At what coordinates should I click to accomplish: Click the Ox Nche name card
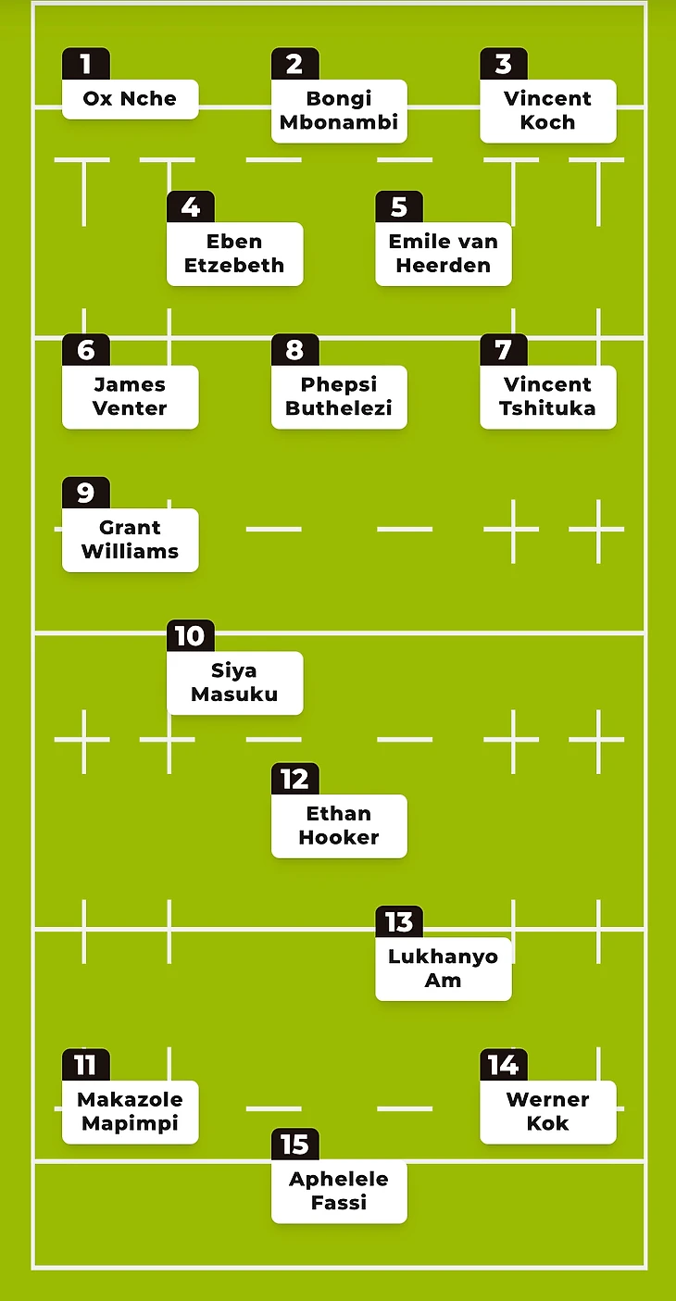tap(130, 99)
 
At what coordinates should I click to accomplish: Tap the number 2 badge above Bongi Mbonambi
tap(294, 64)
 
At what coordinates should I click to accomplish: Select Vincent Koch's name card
tap(547, 111)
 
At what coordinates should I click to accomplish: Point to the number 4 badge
tap(190, 206)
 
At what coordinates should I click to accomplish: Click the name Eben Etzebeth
tap(234, 254)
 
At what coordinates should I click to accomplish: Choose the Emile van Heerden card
tap(443, 254)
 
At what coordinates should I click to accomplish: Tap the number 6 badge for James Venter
tap(85, 350)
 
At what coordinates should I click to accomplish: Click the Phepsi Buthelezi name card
tap(339, 397)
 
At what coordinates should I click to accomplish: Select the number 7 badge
tap(503, 350)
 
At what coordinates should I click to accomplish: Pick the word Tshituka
tap(547, 408)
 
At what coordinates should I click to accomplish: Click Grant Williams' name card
tap(130, 540)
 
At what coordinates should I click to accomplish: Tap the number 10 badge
tap(190, 636)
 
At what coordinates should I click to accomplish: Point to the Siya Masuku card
tap(234, 682)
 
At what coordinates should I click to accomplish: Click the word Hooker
tap(339, 838)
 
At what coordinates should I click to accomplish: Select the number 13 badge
tap(398, 922)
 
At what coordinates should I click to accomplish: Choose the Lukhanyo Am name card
tap(443, 969)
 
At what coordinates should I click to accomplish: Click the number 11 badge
tap(85, 1065)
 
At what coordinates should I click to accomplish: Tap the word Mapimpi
tap(130, 1124)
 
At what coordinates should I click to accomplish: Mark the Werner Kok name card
tap(547, 1112)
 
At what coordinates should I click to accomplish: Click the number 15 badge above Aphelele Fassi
tap(294, 1145)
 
